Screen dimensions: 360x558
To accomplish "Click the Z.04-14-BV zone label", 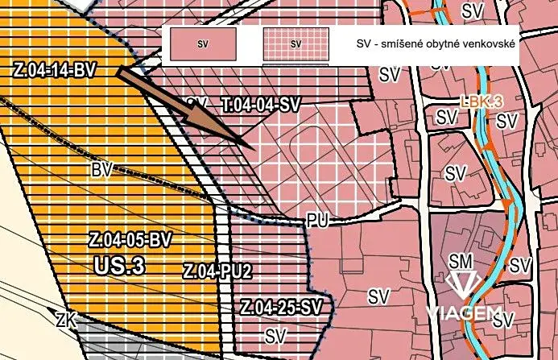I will click(55, 70).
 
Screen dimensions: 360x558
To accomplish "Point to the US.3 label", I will click(118, 265).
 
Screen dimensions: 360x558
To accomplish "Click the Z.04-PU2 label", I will click(217, 271).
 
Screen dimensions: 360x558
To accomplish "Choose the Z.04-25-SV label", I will click(281, 307).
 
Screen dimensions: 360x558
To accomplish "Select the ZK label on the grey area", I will click(66, 320).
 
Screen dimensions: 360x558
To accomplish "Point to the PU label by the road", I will click(317, 221).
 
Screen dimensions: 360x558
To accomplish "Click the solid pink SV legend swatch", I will click(202, 44).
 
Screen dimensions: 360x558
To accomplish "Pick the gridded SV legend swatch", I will click(296, 44).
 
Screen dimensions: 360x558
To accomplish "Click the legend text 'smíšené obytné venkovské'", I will click(448, 44).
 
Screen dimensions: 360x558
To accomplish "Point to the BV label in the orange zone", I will click(101, 170).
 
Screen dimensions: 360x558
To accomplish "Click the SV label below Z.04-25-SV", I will click(276, 334).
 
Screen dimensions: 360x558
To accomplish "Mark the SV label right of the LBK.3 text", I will click(506, 121).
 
